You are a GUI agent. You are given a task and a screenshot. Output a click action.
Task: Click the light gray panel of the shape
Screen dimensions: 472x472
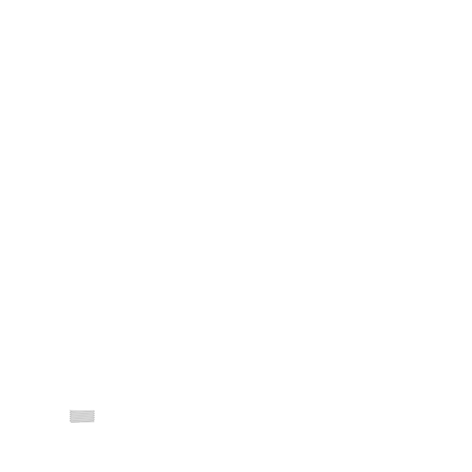click(x=86, y=426)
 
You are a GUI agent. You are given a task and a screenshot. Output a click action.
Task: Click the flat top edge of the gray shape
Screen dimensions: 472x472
click(x=81, y=411)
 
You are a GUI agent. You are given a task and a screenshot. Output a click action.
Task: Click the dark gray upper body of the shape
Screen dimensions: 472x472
click(x=80, y=416)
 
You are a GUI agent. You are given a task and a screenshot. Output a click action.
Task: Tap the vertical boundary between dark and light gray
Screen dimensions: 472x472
click(x=80, y=427)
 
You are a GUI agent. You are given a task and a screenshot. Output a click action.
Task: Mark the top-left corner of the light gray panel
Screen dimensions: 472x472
click(x=80, y=422)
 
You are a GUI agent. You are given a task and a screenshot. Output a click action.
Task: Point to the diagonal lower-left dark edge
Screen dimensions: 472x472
click(x=74, y=427)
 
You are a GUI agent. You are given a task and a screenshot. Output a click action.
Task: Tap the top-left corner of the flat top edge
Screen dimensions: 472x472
click(x=69, y=411)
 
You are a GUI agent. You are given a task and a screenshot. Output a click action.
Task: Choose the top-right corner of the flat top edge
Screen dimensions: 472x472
click(x=94, y=411)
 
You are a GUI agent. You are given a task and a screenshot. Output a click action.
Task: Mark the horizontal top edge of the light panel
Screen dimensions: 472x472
click(x=87, y=422)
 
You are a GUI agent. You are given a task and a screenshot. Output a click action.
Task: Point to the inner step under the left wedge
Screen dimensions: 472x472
click(x=70, y=422)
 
